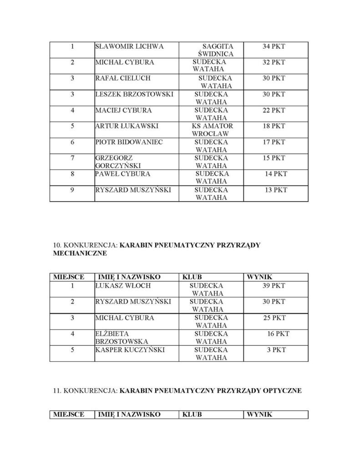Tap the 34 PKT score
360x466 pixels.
pos(274,46)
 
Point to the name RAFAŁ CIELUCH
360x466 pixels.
pos(123,78)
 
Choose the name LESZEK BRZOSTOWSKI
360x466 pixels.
pos(134,94)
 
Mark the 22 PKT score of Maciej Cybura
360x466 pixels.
pos(274,110)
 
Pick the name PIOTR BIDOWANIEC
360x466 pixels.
pos(129,142)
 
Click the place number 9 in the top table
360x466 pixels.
pos(72,190)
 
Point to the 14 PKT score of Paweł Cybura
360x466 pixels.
pos(276,174)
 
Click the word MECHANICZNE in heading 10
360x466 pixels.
pos(80,253)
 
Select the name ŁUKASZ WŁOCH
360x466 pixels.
pos(123,285)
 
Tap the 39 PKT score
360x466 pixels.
pos(274,285)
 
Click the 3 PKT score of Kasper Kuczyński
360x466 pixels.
pos(277,349)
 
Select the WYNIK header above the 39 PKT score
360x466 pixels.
pos(259,276)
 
